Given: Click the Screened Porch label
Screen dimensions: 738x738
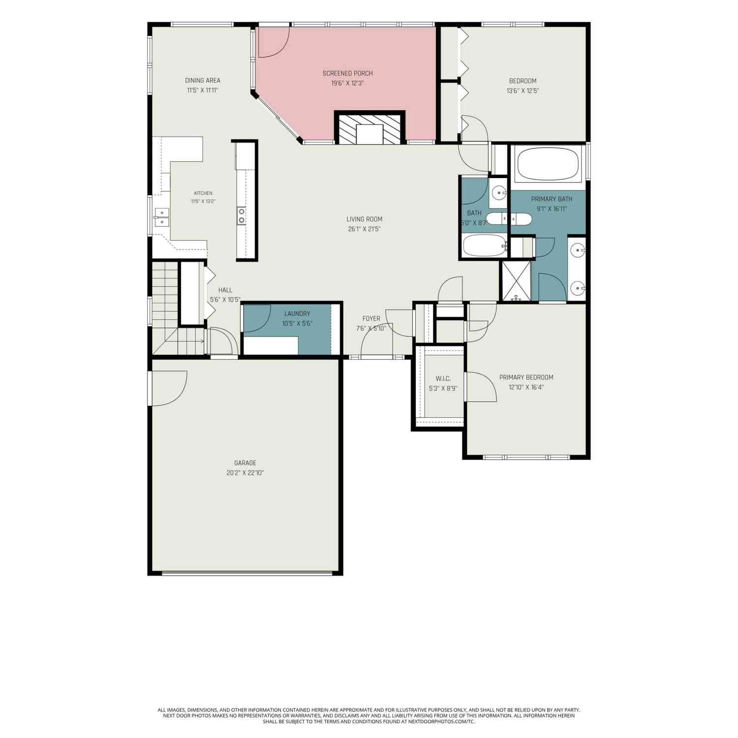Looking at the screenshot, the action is tap(347, 73).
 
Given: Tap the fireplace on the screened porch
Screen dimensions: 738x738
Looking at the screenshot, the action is tap(369, 127).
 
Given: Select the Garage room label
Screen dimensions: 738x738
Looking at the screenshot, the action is tap(245, 463).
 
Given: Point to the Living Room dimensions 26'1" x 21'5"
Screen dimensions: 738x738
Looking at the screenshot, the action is tap(364, 229).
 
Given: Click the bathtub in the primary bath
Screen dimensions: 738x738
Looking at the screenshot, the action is tap(548, 164).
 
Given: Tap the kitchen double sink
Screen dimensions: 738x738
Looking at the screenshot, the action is tap(162, 217).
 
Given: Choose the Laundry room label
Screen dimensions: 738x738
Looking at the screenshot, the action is tap(297, 313).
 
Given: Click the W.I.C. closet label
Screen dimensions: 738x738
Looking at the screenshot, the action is tap(443, 378).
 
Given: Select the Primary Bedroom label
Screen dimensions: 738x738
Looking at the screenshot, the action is tap(526, 377).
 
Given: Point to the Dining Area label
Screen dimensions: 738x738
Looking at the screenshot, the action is tap(203, 80).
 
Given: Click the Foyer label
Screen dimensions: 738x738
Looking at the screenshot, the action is tap(371, 318).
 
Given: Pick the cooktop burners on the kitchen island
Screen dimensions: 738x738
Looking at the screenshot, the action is tap(242, 215).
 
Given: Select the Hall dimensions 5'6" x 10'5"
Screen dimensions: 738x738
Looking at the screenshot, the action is tap(225, 300).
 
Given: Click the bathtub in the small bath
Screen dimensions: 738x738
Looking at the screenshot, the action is tap(485, 246).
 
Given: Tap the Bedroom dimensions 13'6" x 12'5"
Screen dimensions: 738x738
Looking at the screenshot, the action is tap(523, 91).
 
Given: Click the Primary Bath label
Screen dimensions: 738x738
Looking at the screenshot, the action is tap(552, 199).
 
